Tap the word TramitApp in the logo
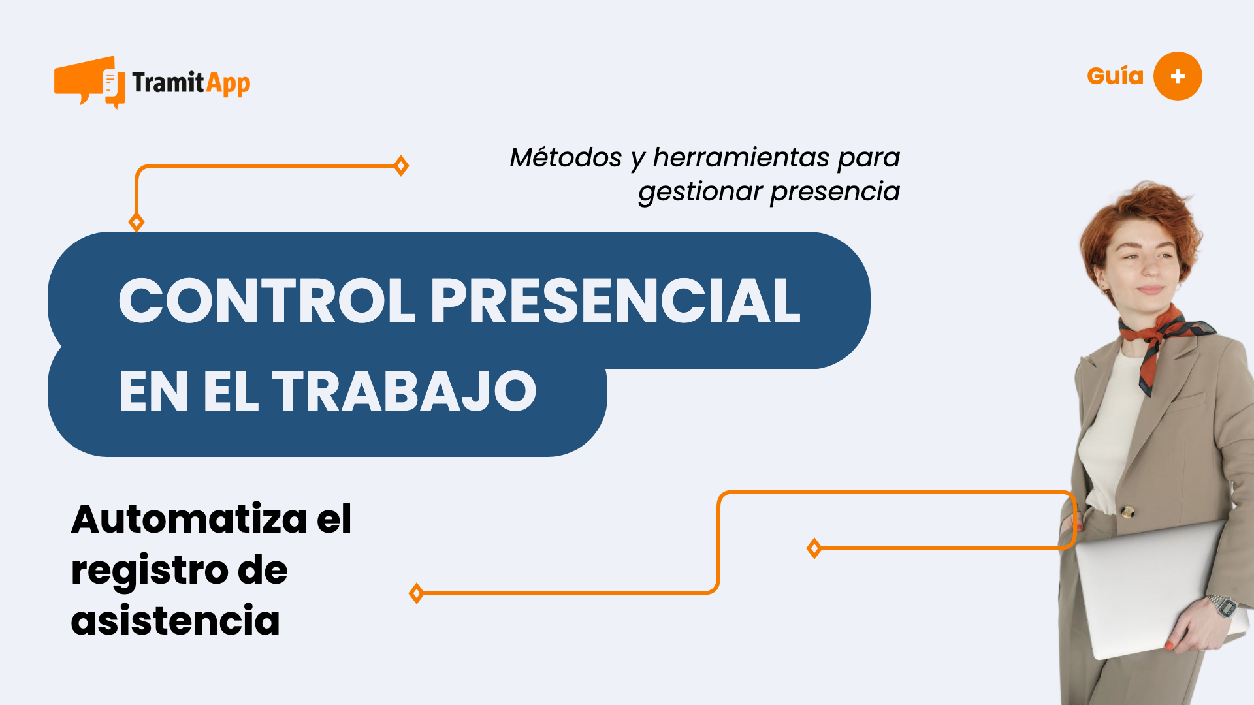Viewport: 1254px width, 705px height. [x=191, y=84]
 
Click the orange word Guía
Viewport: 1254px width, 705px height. [x=1115, y=76]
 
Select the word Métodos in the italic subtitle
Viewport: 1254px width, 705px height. [x=566, y=158]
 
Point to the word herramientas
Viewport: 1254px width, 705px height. [x=741, y=158]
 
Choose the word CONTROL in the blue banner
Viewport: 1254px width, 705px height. [x=266, y=301]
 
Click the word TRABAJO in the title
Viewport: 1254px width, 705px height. [x=404, y=391]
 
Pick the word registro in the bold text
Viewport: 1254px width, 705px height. [x=149, y=571]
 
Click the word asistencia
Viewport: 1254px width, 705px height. [x=175, y=620]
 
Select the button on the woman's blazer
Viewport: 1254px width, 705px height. [x=1127, y=511]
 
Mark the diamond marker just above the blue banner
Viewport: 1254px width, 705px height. [x=137, y=222]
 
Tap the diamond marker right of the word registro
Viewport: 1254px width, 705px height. [x=416, y=593]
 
